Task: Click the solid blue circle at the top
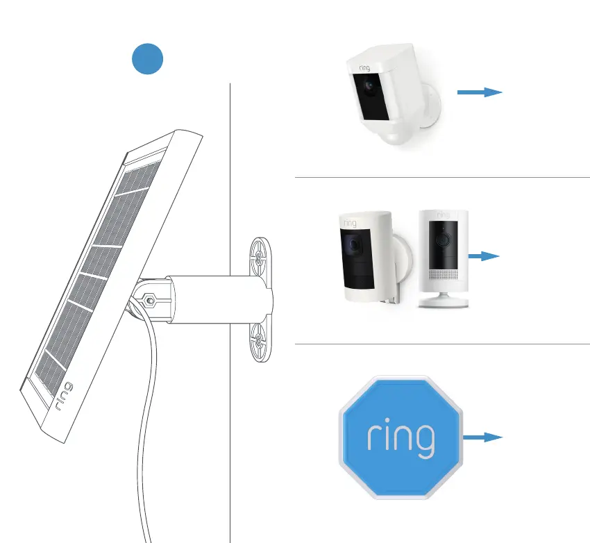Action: point(148,59)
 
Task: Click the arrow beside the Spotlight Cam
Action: point(479,92)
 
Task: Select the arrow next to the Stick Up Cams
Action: point(484,256)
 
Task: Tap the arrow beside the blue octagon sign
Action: point(482,437)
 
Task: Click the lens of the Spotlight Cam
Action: point(369,88)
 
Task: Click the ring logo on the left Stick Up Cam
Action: point(349,224)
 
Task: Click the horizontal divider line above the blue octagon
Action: point(442,344)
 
